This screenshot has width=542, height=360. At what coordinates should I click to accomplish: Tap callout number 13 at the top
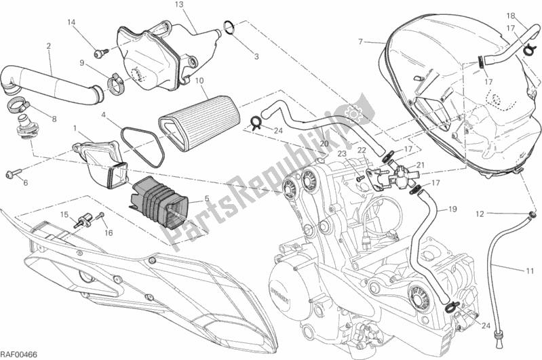179,5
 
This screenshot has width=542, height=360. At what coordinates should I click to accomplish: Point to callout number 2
49,46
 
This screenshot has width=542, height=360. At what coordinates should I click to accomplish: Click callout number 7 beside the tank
362,42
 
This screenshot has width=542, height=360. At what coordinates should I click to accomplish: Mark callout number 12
478,214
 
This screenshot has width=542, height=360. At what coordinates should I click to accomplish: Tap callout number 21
420,165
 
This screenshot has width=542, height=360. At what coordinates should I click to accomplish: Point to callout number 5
207,200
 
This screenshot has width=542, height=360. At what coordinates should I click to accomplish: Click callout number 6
26,183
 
